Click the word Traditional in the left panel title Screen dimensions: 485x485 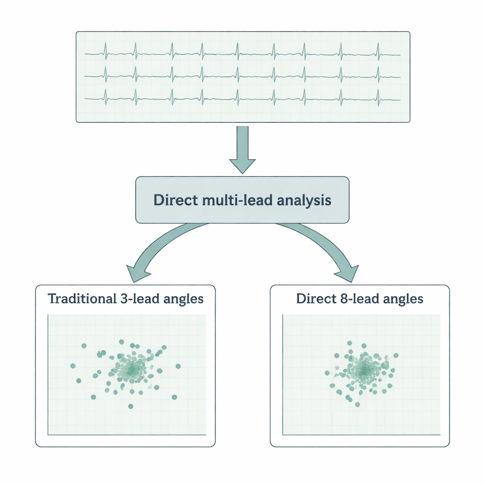80,299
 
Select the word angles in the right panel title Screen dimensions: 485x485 404,299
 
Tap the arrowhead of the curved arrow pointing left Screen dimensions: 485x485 135,274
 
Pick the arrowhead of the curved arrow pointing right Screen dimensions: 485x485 348,274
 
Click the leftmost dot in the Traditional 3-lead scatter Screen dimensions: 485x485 73,366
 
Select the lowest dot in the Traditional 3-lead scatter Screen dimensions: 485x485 131,406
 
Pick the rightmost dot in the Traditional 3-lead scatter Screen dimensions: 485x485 178,366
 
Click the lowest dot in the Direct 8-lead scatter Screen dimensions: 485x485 358,404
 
